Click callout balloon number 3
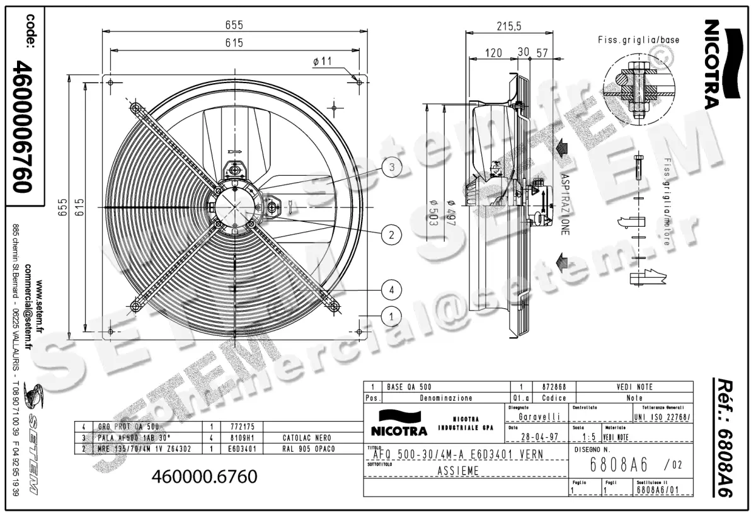coord(391,167)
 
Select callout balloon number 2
coord(391,235)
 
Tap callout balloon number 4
coord(391,290)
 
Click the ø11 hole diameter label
coord(321,61)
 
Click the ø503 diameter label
coord(433,211)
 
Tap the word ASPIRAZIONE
coord(565,205)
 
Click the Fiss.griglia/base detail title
coord(638,40)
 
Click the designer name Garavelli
coord(539,417)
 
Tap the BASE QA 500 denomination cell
coord(409,386)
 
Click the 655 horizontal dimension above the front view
coord(234,25)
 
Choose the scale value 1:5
coord(589,436)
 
